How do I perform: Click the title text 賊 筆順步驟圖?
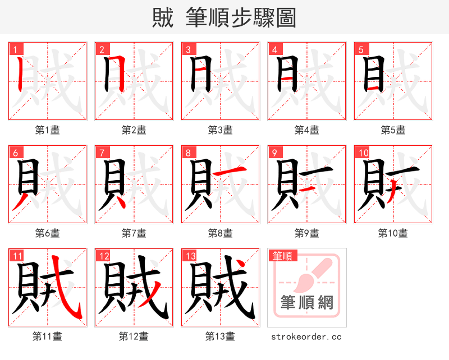[224, 17]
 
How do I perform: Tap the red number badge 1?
[13, 50]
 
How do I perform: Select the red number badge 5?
[359, 50]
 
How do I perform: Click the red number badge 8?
[187, 153]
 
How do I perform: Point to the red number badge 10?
[362, 153]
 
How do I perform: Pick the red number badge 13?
[189, 256]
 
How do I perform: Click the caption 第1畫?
[47, 130]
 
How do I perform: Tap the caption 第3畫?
[220, 130]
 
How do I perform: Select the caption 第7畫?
[134, 233]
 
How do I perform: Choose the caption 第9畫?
[306, 233]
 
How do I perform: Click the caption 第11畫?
[47, 336]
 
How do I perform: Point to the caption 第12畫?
[134, 336]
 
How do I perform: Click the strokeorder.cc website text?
[306, 336]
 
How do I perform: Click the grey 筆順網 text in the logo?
[306, 303]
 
